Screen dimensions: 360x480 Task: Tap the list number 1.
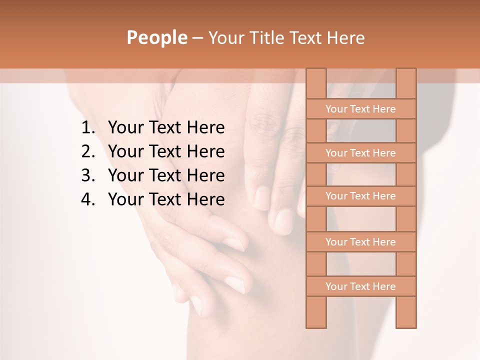click(x=88, y=128)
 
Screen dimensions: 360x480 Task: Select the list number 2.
click(x=88, y=151)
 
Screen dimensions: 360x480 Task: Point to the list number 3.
click(x=88, y=175)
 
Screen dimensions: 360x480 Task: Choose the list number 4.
click(x=88, y=199)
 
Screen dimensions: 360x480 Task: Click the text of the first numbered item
click(x=166, y=128)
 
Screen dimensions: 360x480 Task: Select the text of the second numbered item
click(x=166, y=151)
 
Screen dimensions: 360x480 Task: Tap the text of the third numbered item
click(x=166, y=175)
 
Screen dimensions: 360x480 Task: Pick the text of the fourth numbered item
click(x=166, y=199)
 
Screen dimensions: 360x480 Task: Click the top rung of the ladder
click(x=360, y=109)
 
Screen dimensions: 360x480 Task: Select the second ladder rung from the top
click(x=360, y=153)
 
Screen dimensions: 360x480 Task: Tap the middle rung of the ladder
click(x=360, y=196)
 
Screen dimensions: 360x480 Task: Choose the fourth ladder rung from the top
click(x=360, y=242)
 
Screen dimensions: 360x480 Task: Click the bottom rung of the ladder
click(x=360, y=286)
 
